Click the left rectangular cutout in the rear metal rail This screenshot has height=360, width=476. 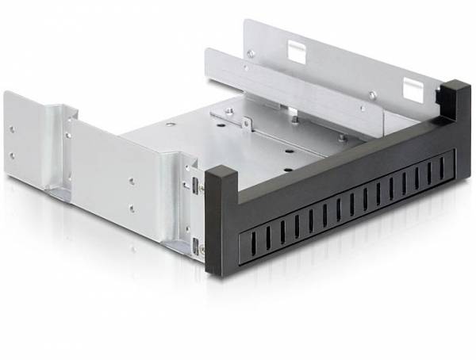[296, 52]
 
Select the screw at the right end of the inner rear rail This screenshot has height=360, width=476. [372, 95]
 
